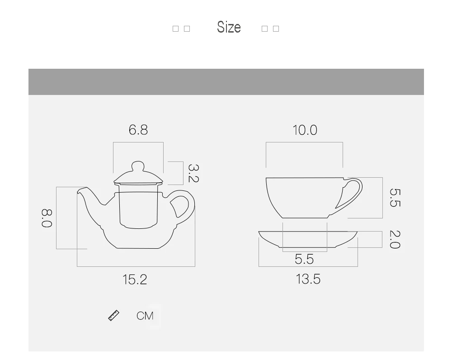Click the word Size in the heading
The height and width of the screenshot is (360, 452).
(229, 27)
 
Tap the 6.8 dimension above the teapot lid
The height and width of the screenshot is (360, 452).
(138, 130)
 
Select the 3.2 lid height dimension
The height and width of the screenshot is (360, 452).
(193, 173)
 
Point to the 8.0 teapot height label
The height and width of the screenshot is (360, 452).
(47, 218)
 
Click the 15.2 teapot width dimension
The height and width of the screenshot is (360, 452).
(135, 279)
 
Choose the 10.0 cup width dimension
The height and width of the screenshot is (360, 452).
(305, 130)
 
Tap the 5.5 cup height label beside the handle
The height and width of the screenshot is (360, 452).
(395, 198)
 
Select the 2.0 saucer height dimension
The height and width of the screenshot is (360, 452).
(395, 239)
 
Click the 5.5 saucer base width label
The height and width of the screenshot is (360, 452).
(304, 259)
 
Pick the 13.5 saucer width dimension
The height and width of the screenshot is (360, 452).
(308, 279)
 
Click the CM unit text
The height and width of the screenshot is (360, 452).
(145, 316)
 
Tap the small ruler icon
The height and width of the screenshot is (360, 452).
(114, 315)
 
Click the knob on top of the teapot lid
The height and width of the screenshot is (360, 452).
(138, 166)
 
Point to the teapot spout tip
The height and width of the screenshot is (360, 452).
(81, 190)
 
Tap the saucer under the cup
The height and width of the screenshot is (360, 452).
(308, 240)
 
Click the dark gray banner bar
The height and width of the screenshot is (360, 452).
(226, 82)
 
